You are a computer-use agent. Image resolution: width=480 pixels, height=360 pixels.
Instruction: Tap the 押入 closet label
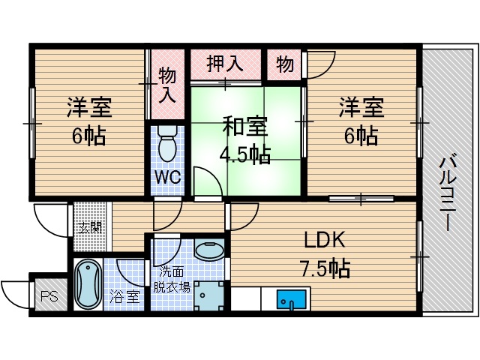click(226, 63)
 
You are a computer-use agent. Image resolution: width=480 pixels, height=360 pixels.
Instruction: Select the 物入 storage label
click(167, 85)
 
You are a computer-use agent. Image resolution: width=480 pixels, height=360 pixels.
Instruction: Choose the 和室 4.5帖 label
click(244, 140)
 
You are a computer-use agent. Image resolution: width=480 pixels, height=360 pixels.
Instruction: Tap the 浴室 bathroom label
click(124, 296)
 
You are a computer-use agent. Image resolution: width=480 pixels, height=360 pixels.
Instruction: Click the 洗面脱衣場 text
click(172, 279)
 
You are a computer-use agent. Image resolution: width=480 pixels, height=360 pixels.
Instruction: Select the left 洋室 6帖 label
click(89, 122)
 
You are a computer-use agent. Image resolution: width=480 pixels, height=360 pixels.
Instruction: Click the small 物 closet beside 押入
click(284, 64)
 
